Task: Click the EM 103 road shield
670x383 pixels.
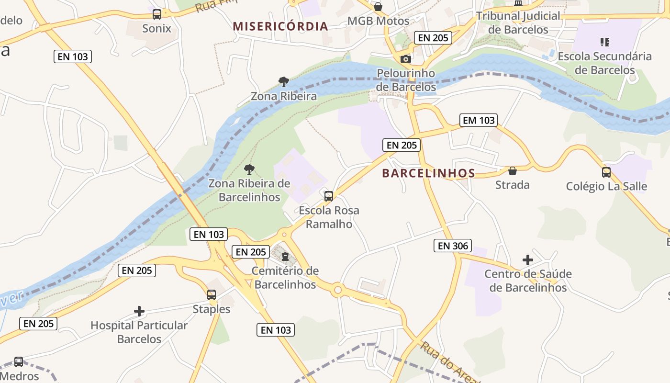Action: tap(478, 120)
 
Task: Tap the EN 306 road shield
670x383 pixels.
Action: tap(453, 246)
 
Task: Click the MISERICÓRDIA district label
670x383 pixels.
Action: tap(280, 26)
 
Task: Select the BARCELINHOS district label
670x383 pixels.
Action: tap(428, 173)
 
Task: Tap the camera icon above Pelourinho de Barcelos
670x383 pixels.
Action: tap(405, 59)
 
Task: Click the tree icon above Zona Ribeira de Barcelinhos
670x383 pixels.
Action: tap(249, 169)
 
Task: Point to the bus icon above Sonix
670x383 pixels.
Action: tap(157, 14)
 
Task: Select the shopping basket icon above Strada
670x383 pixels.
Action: tap(513, 171)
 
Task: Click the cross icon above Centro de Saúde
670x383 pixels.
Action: tap(527, 260)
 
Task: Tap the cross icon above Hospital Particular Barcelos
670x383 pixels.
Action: tap(139, 311)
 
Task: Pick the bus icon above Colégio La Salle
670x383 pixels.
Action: tap(606, 172)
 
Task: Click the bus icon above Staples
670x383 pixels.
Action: tap(212, 295)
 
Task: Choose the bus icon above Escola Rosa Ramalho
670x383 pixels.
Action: tap(328, 196)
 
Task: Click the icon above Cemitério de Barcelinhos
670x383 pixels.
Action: tap(285, 257)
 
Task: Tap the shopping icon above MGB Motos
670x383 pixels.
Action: tap(378, 7)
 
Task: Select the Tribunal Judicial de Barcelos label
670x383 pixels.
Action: tap(518, 23)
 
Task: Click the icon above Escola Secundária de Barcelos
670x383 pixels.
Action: tap(605, 42)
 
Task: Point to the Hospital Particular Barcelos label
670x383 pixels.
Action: tap(139, 332)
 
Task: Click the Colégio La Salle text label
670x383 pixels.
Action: tap(606, 186)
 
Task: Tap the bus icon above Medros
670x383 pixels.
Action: tap(19, 362)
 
